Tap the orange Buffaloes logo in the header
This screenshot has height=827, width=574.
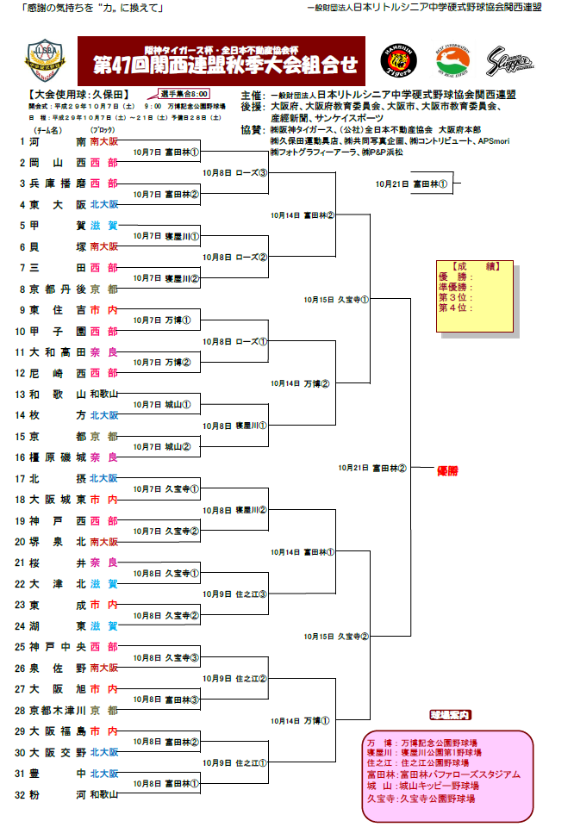pos(453,62)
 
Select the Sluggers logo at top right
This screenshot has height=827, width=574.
pos(509,62)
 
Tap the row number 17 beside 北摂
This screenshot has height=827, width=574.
pos(21,478)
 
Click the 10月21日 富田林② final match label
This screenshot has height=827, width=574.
pos(372,469)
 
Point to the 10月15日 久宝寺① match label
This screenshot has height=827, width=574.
pos(336,300)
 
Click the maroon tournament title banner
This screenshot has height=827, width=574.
pos(221,60)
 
